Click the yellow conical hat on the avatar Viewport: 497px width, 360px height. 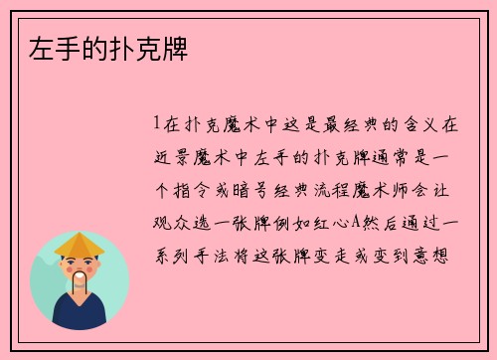[79, 244]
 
